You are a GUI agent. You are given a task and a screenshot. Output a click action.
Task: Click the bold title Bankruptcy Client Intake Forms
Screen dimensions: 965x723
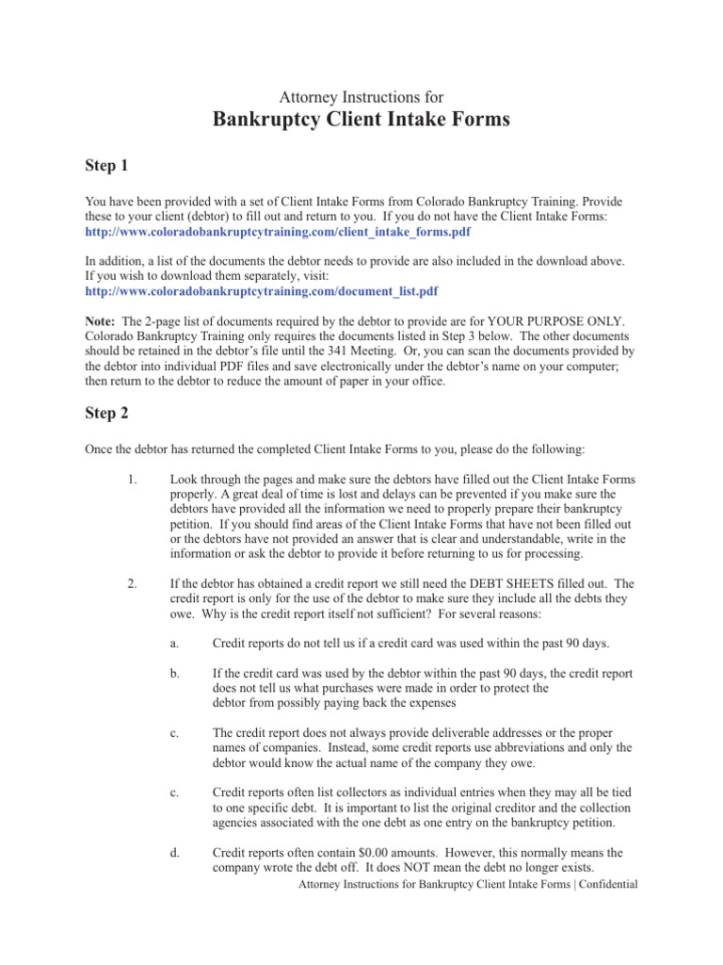[x=361, y=120]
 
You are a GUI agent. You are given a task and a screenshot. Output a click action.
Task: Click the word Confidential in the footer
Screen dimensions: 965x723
[x=606, y=885]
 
